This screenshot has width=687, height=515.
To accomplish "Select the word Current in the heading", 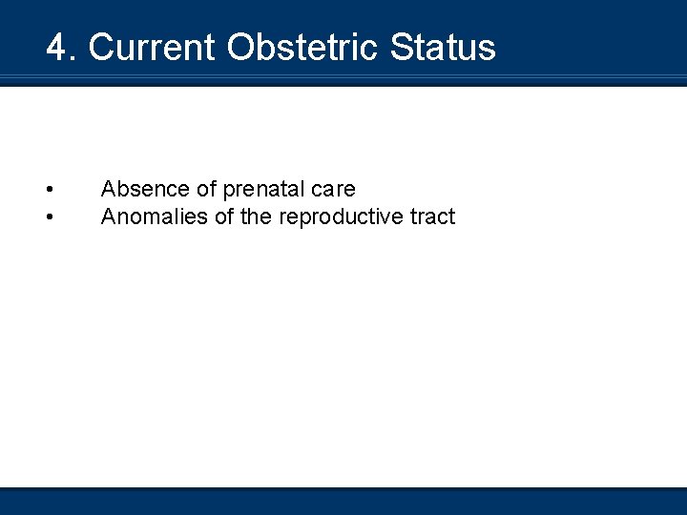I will [153, 48].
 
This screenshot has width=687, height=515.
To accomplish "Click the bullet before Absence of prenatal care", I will [49, 190].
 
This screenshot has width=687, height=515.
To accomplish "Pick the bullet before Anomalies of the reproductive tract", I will [49, 217].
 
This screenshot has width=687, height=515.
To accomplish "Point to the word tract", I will [433, 217].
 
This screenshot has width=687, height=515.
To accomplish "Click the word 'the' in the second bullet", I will [256, 217].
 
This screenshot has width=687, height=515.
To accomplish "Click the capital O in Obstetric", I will [239, 48].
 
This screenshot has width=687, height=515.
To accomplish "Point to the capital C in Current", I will [102, 48].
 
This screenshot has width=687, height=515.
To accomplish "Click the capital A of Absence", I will [108, 190].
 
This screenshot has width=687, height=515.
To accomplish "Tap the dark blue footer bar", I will [343, 502].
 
